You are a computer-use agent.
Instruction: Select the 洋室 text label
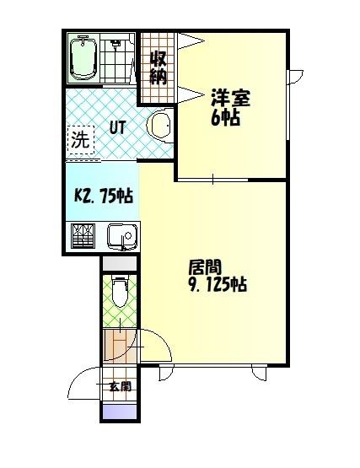(x=227, y=97)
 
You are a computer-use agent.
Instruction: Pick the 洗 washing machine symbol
(x=79, y=140)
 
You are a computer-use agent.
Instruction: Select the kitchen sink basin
(x=119, y=235)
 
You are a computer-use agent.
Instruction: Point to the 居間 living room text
(x=204, y=267)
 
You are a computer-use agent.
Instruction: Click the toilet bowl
(x=120, y=293)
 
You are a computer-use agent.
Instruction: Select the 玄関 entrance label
(x=120, y=387)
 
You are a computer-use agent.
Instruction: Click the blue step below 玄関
(x=119, y=412)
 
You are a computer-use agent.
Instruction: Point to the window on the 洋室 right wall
(x=289, y=105)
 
